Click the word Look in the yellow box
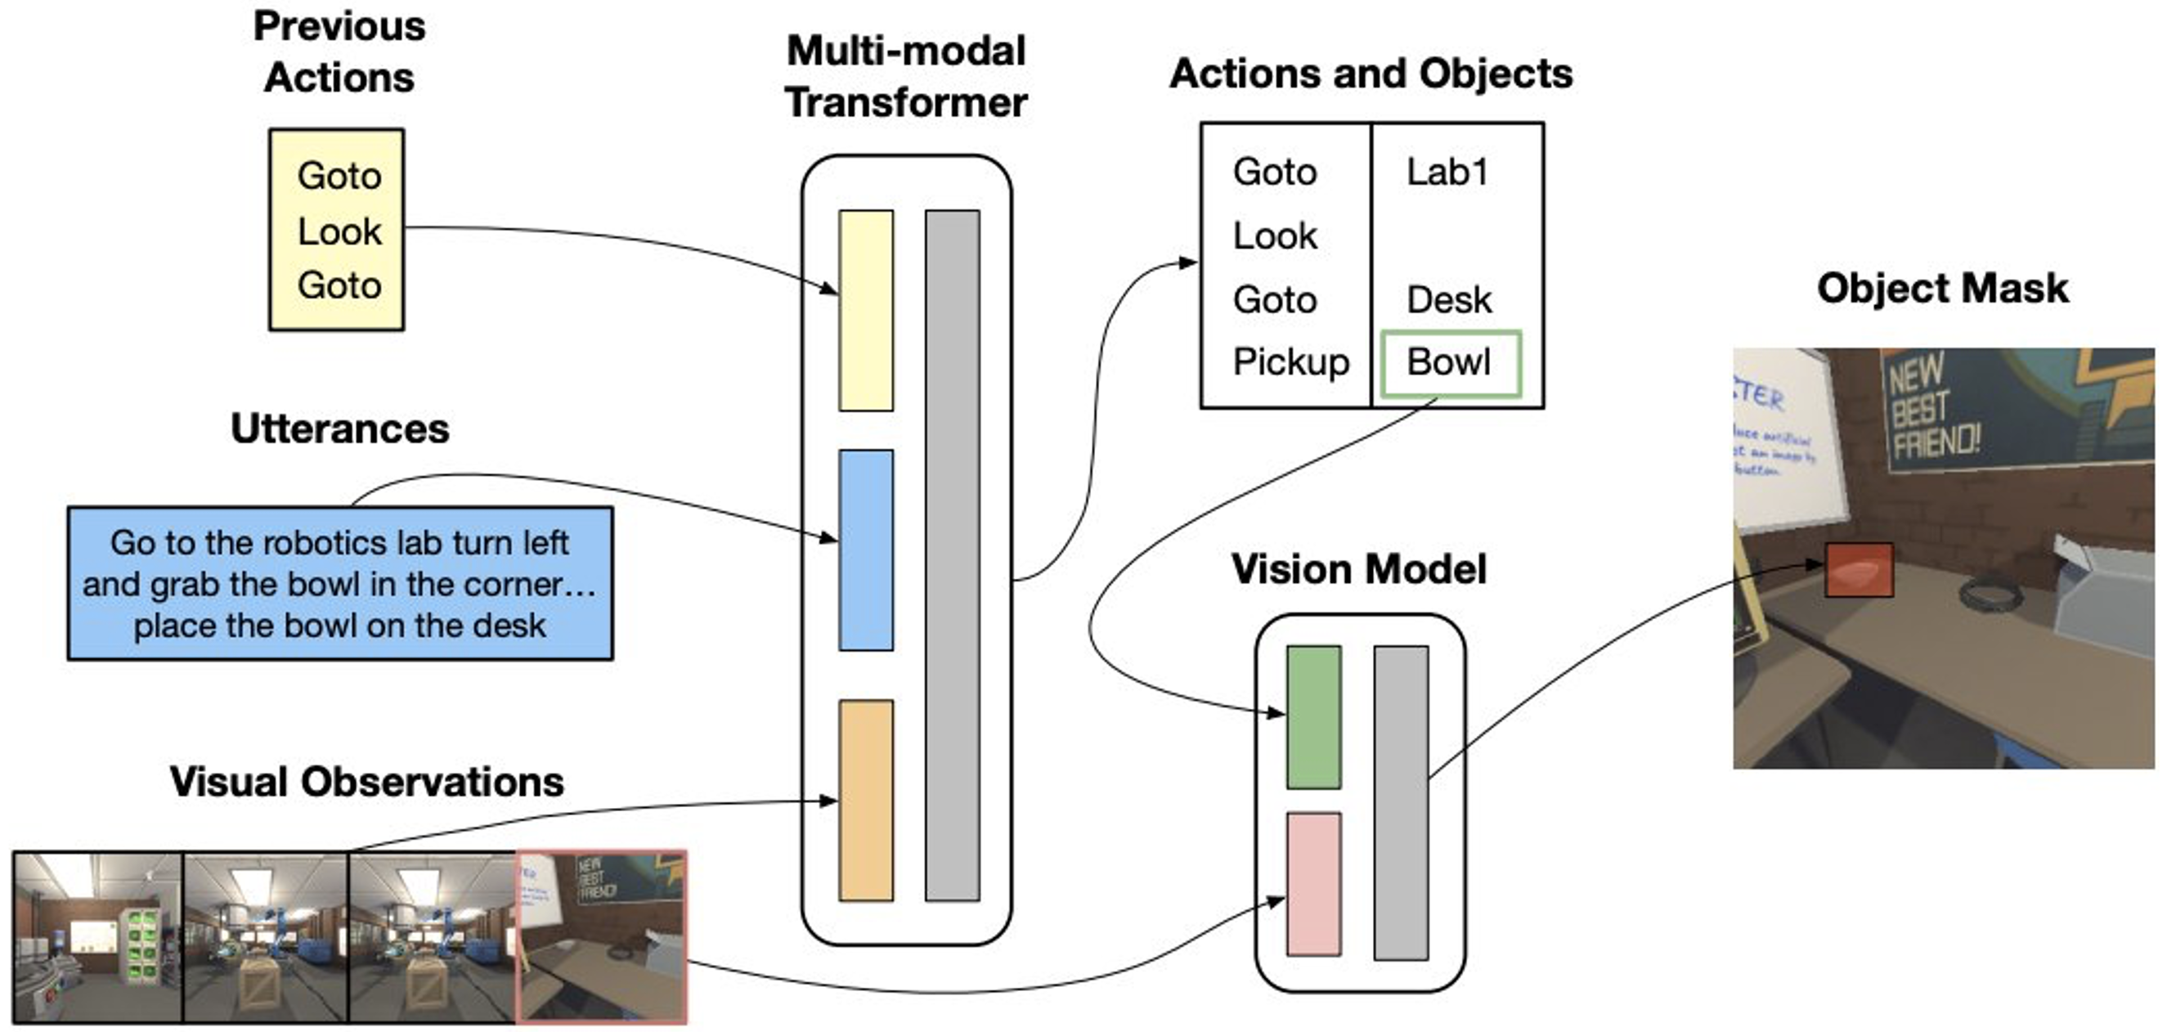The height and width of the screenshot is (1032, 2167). [x=339, y=231]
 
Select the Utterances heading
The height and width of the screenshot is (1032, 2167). [x=340, y=429]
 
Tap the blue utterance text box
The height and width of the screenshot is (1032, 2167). [x=340, y=583]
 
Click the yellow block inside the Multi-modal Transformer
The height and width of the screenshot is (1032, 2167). [x=866, y=311]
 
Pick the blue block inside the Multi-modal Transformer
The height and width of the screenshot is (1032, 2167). [x=866, y=550]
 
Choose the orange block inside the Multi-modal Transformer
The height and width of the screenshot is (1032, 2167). [x=866, y=800]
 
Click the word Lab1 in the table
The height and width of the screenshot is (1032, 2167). [x=1447, y=173]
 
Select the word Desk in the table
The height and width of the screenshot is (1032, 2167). [x=1448, y=300]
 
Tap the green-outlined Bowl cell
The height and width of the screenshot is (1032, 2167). [x=1449, y=362]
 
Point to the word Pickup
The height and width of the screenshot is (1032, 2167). [x=1290, y=362]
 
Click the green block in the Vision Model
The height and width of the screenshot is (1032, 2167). [x=1313, y=716]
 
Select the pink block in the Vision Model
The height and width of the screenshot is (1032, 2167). [x=1313, y=883]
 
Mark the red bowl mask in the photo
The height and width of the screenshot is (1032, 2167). [x=1858, y=570]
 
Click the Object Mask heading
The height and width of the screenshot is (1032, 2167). [x=1941, y=289]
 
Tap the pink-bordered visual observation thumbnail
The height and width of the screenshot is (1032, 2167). [x=601, y=936]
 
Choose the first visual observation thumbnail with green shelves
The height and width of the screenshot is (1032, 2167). [x=97, y=937]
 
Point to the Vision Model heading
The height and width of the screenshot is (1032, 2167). [x=1358, y=569]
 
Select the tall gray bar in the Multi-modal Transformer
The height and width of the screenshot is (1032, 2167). [x=953, y=555]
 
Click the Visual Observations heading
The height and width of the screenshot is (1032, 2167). [x=367, y=783]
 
